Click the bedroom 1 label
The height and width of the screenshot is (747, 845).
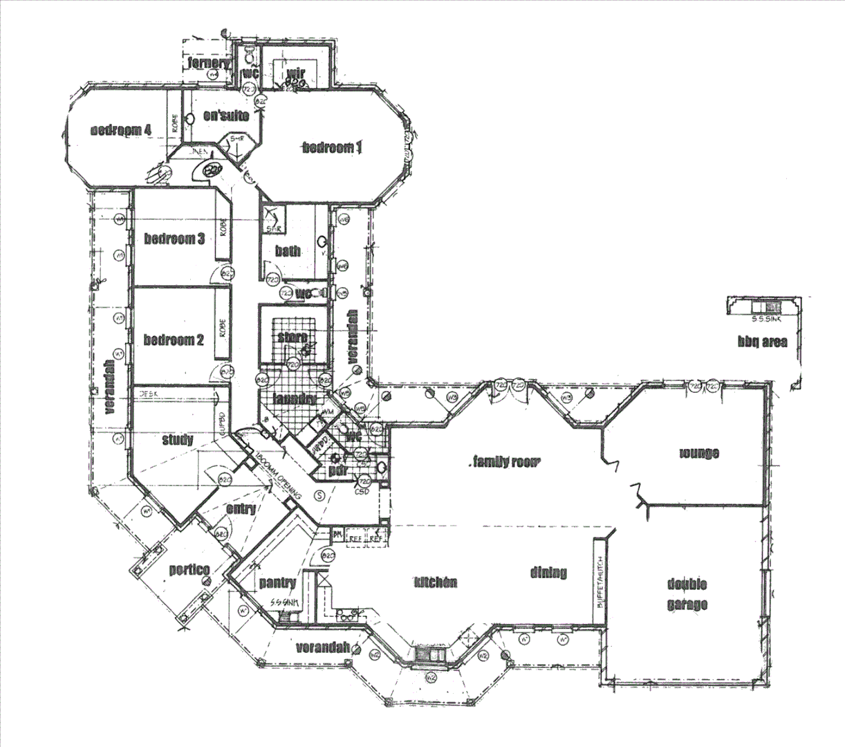pyautogui.click(x=332, y=147)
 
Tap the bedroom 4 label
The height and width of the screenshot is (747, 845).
pyautogui.click(x=121, y=130)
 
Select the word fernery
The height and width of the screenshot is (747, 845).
pyautogui.click(x=208, y=64)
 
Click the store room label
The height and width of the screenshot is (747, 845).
pyautogui.click(x=292, y=338)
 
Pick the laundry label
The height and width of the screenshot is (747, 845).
pyautogui.click(x=294, y=399)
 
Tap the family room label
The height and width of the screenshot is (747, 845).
pyautogui.click(x=505, y=462)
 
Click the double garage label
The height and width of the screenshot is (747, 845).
pyautogui.click(x=687, y=594)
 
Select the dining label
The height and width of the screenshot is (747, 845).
pyautogui.click(x=548, y=572)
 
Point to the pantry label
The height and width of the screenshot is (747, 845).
pyautogui.click(x=277, y=583)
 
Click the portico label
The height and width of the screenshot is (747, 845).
pyautogui.click(x=189, y=569)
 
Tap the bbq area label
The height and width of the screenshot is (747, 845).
pyautogui.click(x=762, y=342)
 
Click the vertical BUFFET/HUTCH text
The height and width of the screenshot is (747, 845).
pyautogui.click(x=600, y=581)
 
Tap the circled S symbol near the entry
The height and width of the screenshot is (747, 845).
pyautogui.click(x=319, y=495)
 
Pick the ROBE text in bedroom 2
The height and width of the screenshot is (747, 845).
pyautogui.click(x=223, y=327)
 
